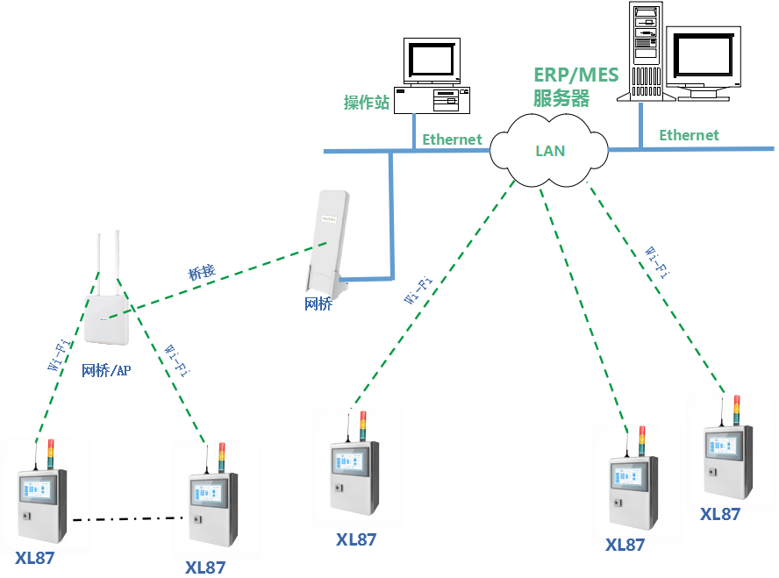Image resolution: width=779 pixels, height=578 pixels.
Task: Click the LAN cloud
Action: pyautogui.click(x=549, y=150)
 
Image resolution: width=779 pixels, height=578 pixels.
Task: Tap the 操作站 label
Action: pyautogui.click(x=366, y=103)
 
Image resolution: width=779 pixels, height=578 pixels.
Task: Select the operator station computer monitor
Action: pyautogui.click(x=431, y=61)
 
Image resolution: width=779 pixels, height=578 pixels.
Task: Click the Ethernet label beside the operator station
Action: pyautogui.click(x=452, y=139)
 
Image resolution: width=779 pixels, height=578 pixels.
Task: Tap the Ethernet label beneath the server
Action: pyautogui.click(x=689, y=135)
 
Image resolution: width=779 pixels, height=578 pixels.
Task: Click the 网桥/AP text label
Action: pyautogui.click(x=106, y=370)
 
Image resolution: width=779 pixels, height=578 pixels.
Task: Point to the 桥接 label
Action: pyautogui.click(x=202, y=273)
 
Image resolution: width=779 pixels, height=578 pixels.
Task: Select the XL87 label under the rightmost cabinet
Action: pyautogui.click(x=719, y=514)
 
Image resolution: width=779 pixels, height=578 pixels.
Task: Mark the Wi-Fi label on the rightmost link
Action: pyautogui.click(x=658, y=261)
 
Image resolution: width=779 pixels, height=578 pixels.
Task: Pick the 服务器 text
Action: pyautogui.click(x=561, y=97)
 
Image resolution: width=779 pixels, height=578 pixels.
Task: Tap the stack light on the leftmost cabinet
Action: pyautogui.click(x=51, y=453)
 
